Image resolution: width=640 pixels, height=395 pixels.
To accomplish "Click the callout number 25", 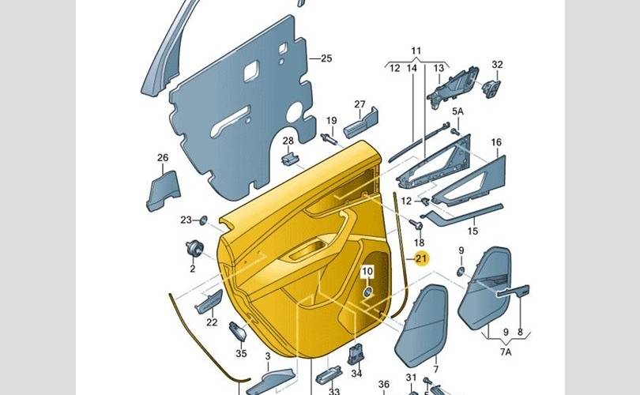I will coord(326,58).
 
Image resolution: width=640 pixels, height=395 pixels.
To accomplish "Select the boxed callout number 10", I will coord(367,273).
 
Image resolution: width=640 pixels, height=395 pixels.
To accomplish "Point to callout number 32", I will coord(497,64).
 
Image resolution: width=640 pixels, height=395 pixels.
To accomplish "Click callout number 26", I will coord(163,158).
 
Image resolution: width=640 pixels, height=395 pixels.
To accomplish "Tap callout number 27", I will coord(360,105).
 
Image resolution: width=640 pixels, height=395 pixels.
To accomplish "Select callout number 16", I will coord(496,143).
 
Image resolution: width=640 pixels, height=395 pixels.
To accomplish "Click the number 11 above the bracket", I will coord(416,51).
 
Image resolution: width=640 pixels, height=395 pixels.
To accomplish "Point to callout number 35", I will coord(242,353).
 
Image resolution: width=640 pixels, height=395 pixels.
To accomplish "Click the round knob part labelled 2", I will coord(192,248).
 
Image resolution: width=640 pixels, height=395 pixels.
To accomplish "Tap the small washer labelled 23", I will coord(203,220).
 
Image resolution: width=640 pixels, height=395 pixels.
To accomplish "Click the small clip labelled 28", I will coord(289,159).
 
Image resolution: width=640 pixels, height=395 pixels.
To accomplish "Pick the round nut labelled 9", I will coord(460,271).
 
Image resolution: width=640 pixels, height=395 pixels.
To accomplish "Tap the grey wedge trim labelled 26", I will coord(163,190).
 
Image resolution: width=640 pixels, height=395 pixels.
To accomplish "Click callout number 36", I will coord(384,385).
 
